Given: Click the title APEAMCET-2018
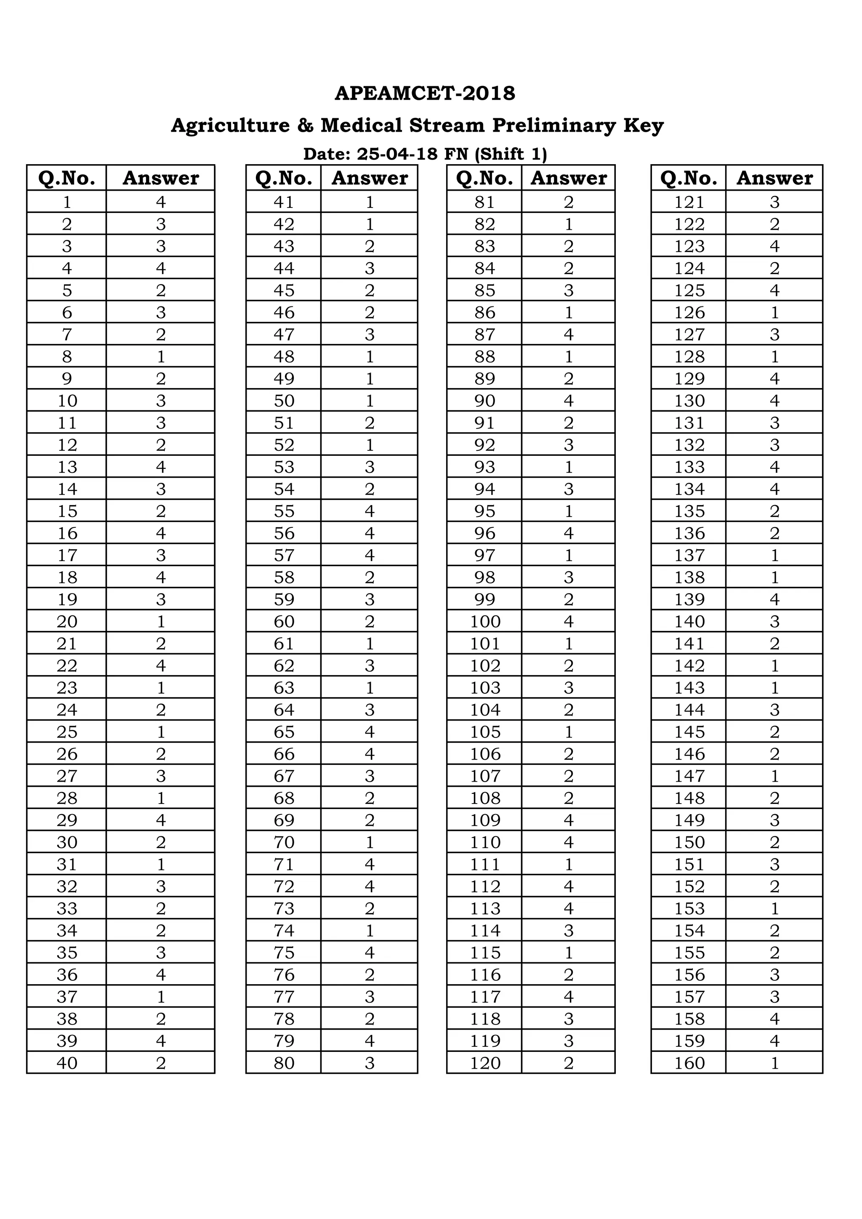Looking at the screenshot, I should click(425, 93).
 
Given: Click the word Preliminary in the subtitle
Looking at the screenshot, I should click(553, 126).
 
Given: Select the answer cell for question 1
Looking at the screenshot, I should click(161, 202).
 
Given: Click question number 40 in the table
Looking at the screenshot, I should click(67, 1063).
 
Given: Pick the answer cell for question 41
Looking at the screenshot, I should click(370, 202).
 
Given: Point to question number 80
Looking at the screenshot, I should click(284, 1063).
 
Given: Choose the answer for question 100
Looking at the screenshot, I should click(569, 621).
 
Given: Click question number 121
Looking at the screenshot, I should click(689, 202).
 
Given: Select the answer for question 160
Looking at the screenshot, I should click(774, 1063).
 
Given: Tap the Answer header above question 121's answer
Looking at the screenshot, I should click(774, 178).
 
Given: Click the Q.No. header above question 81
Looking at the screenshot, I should click(484, 178).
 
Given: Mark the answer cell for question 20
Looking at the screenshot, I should click(161, 621).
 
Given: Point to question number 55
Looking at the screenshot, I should click(284, 511).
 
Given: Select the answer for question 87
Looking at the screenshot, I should click(569, 335).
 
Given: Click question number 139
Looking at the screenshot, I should click(689, 599).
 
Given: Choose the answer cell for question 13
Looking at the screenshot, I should click(161, 467).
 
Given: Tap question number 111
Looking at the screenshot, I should click(484, 864).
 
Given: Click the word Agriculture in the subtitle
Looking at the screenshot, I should click(230, 126).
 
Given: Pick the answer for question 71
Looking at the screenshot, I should click(370, 864).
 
